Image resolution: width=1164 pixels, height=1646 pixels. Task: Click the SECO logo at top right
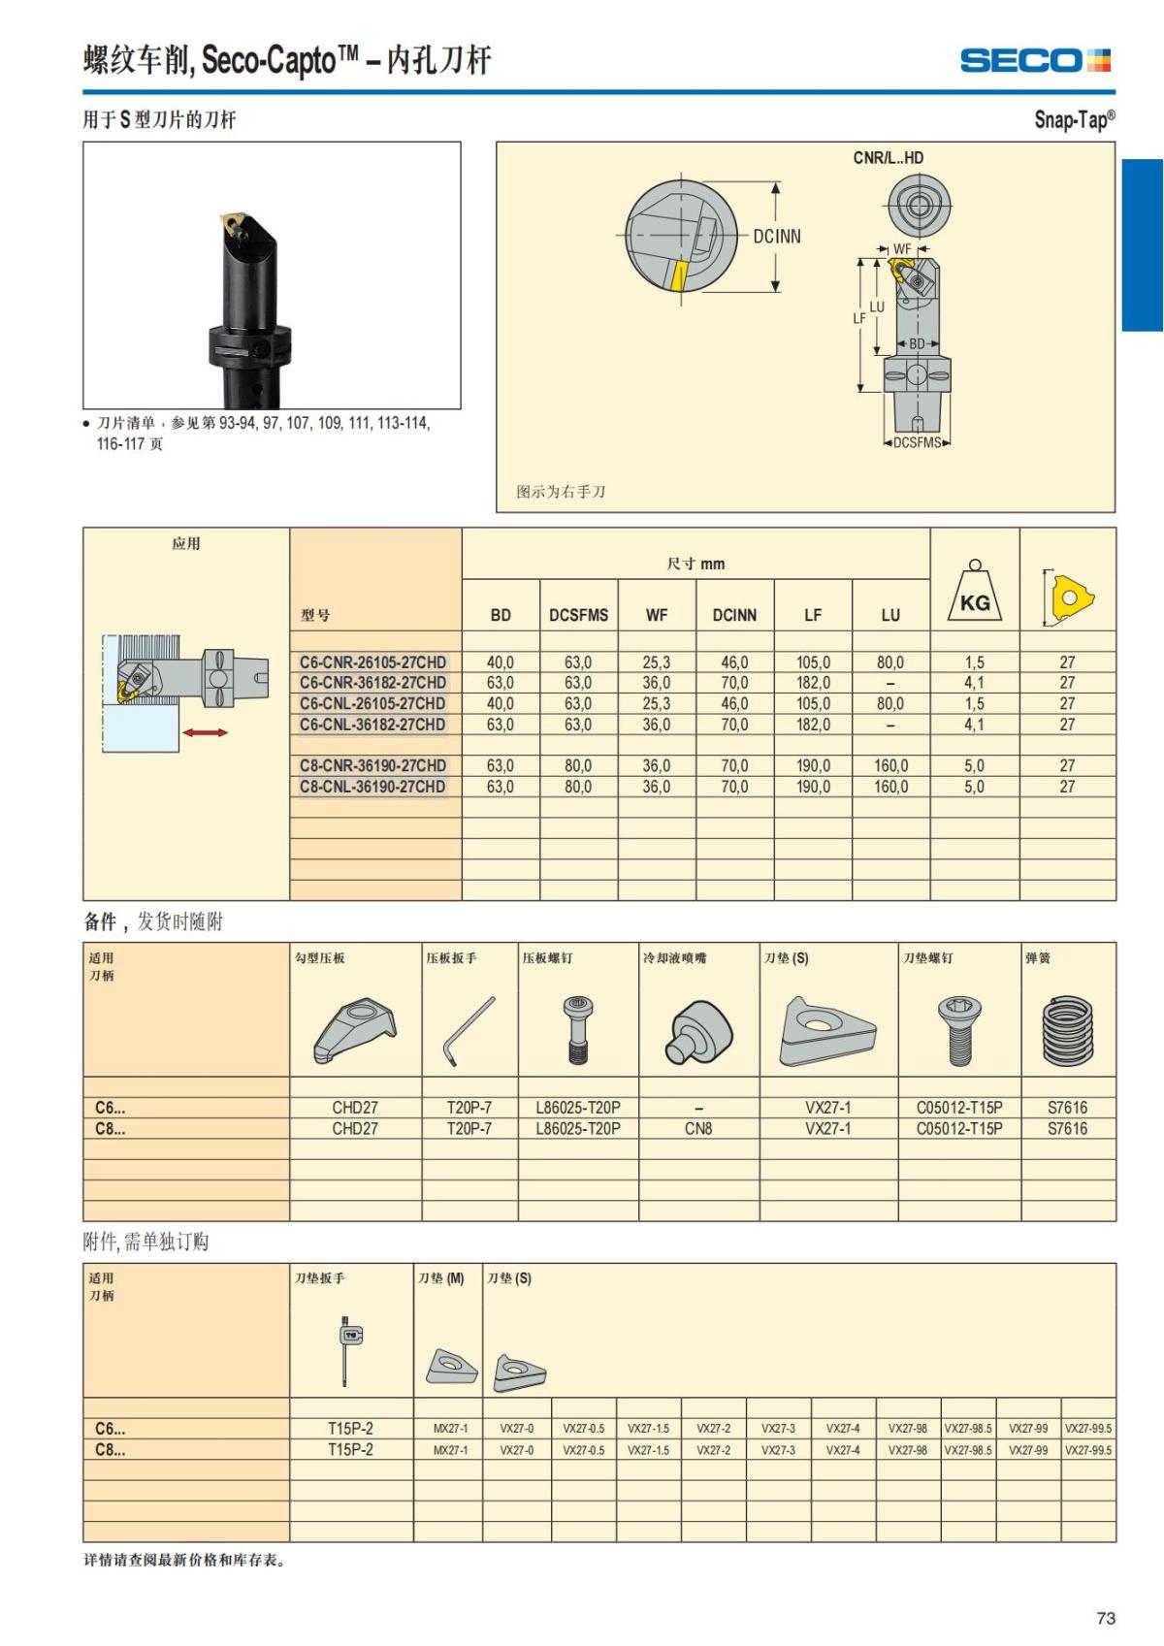point(1034,61)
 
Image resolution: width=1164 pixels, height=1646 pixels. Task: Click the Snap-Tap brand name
point(1074,119)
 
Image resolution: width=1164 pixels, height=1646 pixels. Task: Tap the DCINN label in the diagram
point(777,236)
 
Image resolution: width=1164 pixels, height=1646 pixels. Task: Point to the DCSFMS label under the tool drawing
point(917,442)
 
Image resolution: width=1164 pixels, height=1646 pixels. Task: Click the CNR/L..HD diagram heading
point(888,158)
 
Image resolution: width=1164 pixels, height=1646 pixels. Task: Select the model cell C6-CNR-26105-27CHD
point(372,662)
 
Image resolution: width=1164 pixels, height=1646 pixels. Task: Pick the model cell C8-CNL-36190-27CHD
point(372,787)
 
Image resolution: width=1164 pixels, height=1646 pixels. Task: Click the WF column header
point(656,615)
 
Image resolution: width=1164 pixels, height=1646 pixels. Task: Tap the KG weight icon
point(975,594)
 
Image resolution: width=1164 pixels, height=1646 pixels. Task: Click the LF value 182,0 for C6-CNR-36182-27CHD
point(813,683)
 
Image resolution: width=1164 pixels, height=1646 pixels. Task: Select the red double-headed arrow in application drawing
point(205,732)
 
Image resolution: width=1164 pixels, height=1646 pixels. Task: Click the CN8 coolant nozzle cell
point(698,1129)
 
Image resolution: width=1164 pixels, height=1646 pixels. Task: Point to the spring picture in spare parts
point(1067,1030)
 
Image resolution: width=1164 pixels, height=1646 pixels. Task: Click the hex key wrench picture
point(469,1030)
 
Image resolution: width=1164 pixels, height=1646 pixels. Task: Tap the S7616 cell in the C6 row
point(1067,1108)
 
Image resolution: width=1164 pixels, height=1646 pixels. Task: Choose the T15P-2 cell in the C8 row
point(350,1450)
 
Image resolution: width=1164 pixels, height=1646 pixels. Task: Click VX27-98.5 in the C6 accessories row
point(968,1429)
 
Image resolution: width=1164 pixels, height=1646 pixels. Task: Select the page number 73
point(1106,1618)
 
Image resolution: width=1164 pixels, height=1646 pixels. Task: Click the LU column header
point(890,615)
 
